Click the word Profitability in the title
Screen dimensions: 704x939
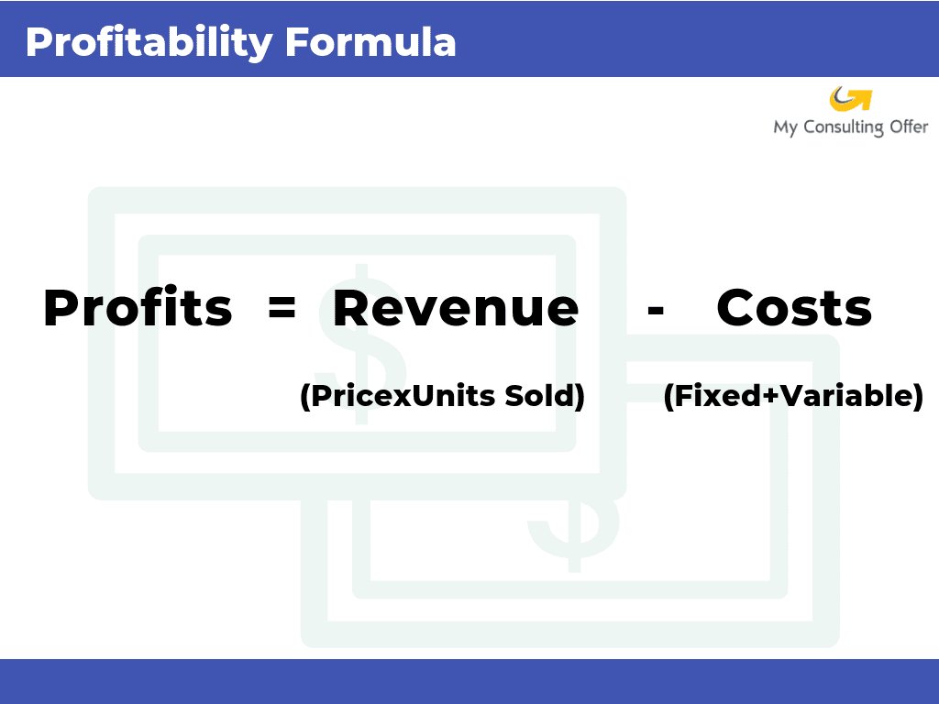[x=149, y=43]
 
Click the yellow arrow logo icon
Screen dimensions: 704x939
[x=850, y=98]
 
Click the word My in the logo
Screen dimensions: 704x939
[x=785, y=128]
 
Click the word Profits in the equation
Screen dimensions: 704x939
[x=138, y=308]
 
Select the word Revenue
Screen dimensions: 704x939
[x=456, y=308]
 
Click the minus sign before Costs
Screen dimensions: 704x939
[x=655, y=310]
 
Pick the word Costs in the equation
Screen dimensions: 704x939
[x=794, y=308]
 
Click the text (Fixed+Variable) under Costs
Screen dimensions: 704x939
[x=793, y=397]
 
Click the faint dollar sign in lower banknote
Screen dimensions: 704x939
[x=573, y=532]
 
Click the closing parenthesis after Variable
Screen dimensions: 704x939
[x=918, y=397]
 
